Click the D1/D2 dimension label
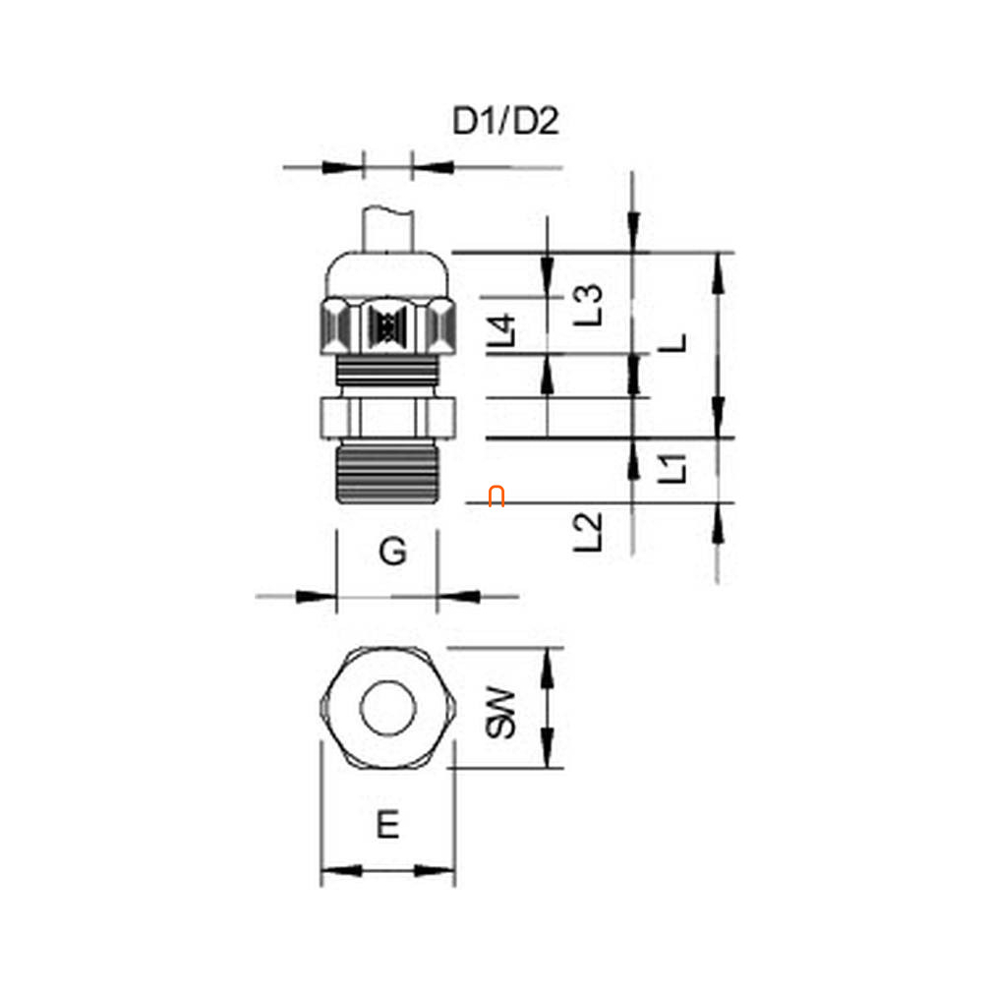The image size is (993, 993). pyautogui.click(x=505, y=121)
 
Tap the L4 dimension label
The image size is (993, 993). pyautogui.click(x=501, y=331)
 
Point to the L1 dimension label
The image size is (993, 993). pyautogui.click(x=672, y=468)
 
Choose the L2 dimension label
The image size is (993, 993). pyautogui.click(x=587, y=532)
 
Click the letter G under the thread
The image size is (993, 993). pyautogui.click(x=392, y=553)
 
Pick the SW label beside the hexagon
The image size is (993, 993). pyautogui.click(x=500, y=713)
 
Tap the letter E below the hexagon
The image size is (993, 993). pyautogui.click(x=388, y=825)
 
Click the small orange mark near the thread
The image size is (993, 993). pyautogui.click(x=496, y=496)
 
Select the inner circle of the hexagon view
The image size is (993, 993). pyautogui.click(x=387, y=709)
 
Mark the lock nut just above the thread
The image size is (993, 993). pyautogui.click(x=387, y=417)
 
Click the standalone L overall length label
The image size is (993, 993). pyautogui.click(x=673, y=344)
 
